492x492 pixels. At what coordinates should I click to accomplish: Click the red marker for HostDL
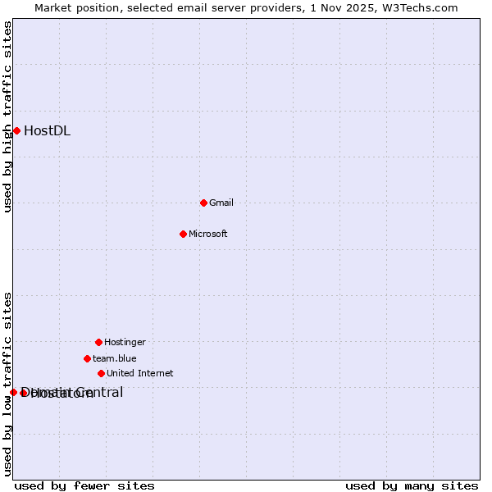click(16, 130)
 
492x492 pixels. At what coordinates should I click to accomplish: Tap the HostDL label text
click(47, 130)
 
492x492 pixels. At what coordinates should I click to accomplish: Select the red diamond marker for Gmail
click(203, 203)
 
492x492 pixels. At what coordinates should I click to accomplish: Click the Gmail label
click(221, 203)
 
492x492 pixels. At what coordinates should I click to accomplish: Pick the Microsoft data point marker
click(183, 234)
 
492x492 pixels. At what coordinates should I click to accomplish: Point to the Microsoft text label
click(208, 234)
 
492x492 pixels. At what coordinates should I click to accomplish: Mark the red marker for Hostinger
click(98, 342)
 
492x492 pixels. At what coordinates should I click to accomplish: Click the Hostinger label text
click(125, 342)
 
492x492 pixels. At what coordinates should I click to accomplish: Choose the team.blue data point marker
click(87, 358)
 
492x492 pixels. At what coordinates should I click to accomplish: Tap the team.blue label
click(115, 358)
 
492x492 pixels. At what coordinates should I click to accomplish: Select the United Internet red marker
click(101, 373)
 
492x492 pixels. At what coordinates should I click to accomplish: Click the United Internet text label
click(140, 373)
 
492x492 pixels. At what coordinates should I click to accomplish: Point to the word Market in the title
click(53, 7)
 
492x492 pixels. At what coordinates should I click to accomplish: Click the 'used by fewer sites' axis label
click(84, 485)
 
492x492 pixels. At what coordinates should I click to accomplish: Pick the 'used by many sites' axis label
click(412, 485)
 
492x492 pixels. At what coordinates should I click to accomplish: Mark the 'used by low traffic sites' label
click(7, 384)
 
